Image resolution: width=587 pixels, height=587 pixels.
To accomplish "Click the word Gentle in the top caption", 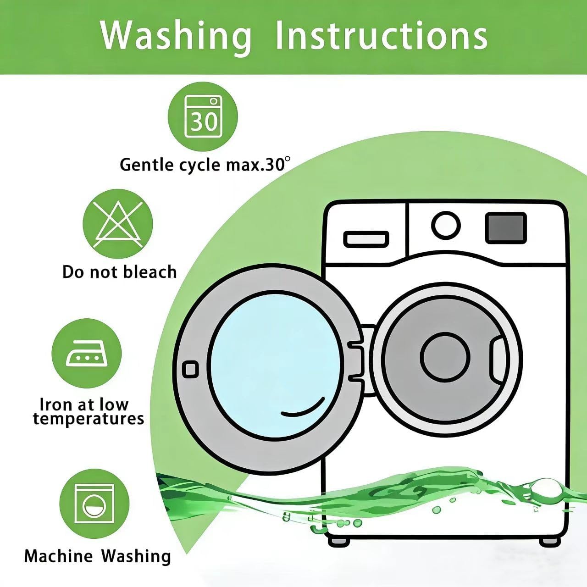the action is point(146,166).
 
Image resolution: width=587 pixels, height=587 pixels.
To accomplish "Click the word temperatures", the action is point(89,420).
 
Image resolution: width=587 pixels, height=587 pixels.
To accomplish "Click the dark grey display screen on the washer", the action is point(506,228).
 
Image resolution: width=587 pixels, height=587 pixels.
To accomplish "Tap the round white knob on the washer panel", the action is point(446,226).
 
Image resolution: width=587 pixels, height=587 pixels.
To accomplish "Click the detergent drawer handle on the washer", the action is point(366,238).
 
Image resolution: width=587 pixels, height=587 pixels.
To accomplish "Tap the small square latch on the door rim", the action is point(190,370).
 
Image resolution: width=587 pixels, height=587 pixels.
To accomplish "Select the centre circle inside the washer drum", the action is point(445,356).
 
